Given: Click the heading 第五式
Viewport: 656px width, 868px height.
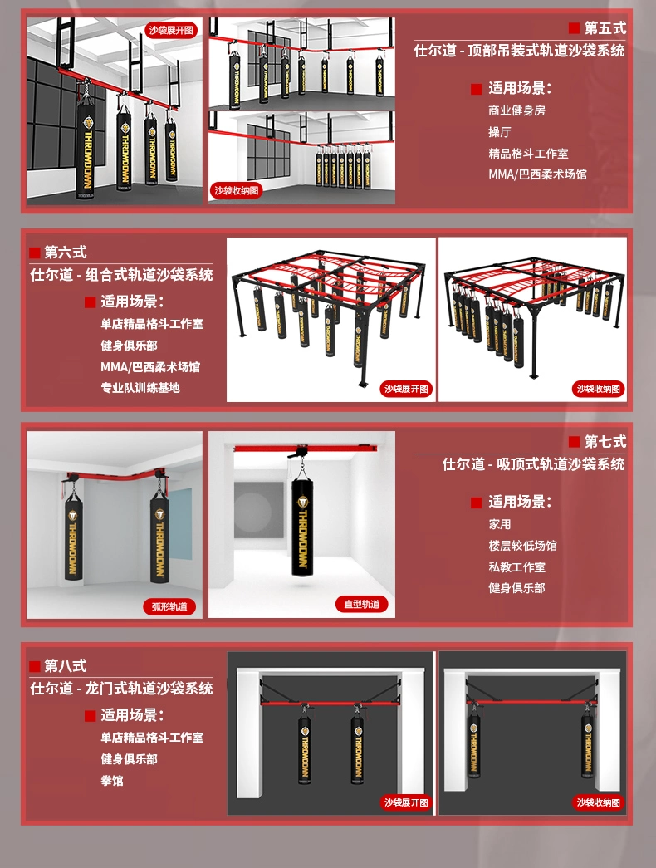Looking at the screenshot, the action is [605, 27].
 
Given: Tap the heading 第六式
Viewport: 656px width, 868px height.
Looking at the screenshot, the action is [66, 253].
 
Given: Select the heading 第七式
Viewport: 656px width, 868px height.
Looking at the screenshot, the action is [605, 441].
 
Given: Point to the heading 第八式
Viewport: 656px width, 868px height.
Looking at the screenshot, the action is [66, 665].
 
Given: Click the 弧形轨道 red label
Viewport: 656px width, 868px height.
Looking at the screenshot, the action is [169, 606].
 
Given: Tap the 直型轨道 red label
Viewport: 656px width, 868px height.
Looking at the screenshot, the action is [362, 604].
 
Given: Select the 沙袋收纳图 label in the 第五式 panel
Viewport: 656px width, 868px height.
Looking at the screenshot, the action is [237, 190].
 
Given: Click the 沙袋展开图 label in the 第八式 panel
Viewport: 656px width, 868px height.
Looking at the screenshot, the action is [406, 802].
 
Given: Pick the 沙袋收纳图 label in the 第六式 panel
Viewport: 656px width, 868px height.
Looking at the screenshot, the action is [599, 389].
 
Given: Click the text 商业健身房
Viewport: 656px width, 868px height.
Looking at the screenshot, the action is [516, 110].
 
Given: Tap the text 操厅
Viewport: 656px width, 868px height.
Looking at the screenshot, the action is [499, 132].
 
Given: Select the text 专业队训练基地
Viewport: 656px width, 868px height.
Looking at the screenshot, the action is [140, 388].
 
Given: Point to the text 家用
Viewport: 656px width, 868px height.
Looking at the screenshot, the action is [499, 524].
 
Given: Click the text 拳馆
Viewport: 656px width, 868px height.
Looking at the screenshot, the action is [112, 781].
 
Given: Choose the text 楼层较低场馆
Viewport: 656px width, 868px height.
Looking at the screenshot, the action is [522, 546].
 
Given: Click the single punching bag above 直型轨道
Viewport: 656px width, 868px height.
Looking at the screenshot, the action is [301, 526].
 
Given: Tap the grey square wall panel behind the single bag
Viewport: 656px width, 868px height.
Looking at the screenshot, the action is [257, 510].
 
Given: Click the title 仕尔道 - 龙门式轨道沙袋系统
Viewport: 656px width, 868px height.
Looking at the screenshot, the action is [121, 688].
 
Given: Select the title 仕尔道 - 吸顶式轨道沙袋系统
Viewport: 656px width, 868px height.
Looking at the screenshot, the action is [533, 463].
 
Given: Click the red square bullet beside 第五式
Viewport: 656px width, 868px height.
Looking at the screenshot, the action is [574, 28].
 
